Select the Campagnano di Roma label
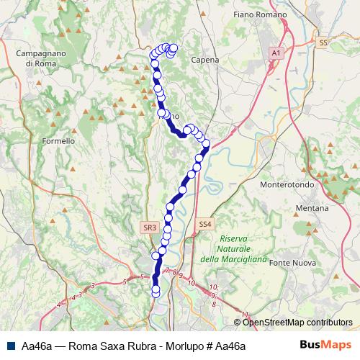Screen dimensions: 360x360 40,58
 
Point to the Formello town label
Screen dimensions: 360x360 59,141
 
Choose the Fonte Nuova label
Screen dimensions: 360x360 292,263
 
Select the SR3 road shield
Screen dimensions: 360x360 149,228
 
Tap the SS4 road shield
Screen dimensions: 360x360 205,225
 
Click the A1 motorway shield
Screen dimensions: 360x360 276,53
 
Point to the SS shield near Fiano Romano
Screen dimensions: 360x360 323,43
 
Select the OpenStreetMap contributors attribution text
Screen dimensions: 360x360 297,323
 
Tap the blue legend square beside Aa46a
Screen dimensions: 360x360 12,346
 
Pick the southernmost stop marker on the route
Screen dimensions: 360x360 156,291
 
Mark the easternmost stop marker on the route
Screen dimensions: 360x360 206,144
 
